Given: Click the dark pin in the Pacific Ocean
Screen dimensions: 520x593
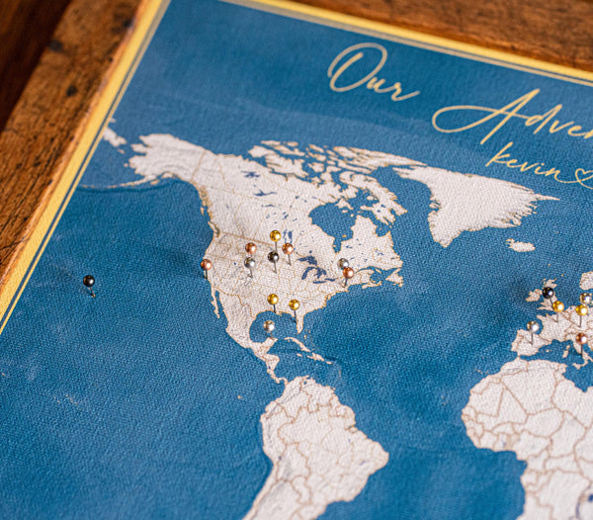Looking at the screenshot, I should coord(89,281).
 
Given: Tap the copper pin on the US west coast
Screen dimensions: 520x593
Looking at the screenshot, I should coord(206,264).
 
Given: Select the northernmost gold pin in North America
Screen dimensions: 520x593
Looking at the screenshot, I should coord(276,235).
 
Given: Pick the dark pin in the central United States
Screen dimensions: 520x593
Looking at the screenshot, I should coord(273,256).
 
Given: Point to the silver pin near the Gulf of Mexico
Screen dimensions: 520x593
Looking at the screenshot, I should coord(268,324).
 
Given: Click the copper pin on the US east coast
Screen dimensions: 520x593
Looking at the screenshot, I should coord(348,272).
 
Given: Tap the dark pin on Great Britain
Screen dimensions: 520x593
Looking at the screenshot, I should coord(549,292).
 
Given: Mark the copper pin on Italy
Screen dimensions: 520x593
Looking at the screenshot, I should coord(581,338).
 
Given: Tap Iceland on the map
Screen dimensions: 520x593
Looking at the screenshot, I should coord(520,245).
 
